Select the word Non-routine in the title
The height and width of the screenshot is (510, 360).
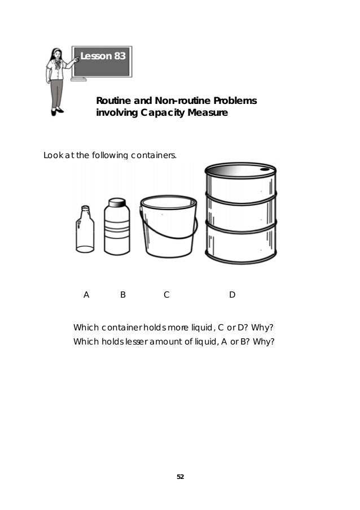click(181, 101)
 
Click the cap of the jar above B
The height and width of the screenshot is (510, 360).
click(117, 203)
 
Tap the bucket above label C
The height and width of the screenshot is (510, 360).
click(168, 226)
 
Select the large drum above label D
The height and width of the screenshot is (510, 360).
click(241, 215)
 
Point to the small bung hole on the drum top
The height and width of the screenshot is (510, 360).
click(265, 168)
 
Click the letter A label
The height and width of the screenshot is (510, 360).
click(86, 294)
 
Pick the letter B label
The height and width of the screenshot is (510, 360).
click(122, 294)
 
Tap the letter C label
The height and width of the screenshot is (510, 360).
click(166, 294)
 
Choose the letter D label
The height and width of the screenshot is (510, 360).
click(232, 294)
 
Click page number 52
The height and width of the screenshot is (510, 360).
click(180, 477)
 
